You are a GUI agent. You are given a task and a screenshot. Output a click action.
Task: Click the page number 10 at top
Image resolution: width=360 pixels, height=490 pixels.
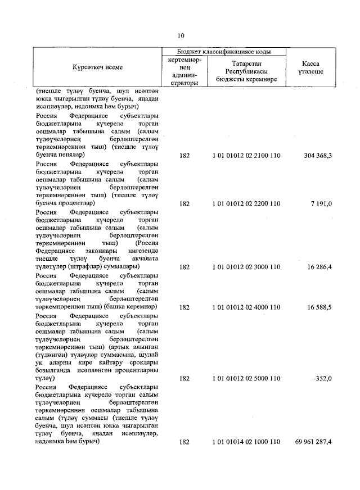(180, 35)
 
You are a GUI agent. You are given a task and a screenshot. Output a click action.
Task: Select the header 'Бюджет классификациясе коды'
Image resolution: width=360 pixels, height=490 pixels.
(224, 51)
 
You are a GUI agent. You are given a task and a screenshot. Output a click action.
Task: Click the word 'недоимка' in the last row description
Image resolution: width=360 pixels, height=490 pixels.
(49, 443)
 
